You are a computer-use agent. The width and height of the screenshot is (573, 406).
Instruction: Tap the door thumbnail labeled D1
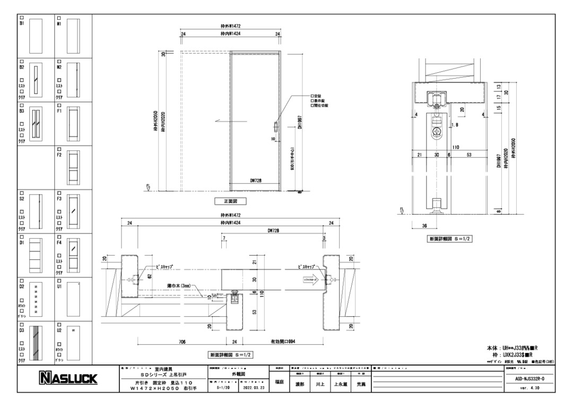tap(36, 254)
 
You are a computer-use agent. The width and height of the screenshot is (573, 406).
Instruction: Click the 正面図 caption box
tap(230, 201)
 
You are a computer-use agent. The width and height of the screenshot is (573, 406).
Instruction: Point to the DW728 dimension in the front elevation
tap(256, 181)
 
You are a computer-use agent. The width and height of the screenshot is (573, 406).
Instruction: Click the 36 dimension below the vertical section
tap(424, 225)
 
